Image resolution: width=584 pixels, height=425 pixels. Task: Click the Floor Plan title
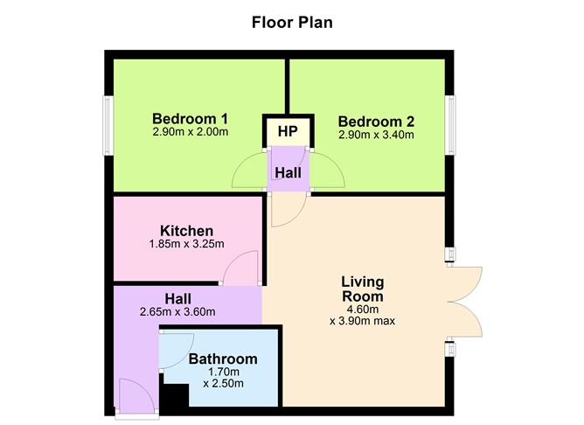point(292,22)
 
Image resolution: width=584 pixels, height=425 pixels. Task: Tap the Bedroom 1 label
point(190,119)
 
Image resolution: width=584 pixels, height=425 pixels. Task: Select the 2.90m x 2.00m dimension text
point(190,133)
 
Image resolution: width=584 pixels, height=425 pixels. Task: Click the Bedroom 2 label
point(376,122)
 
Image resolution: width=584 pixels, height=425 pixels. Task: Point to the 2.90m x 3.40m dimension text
point(376,136)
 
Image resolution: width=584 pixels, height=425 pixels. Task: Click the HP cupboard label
point(288,133)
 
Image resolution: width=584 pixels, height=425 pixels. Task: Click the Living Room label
point(362,290)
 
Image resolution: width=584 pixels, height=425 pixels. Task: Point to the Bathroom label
point(223,359)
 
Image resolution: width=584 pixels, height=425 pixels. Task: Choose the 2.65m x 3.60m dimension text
point(177,311)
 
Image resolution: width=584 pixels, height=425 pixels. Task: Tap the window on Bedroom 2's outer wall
point(453,122)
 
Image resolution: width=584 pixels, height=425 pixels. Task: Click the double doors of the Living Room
point(467,300)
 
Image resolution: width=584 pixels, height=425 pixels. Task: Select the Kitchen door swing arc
point(240,267)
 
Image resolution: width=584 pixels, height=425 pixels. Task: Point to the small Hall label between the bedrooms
point(288,173)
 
